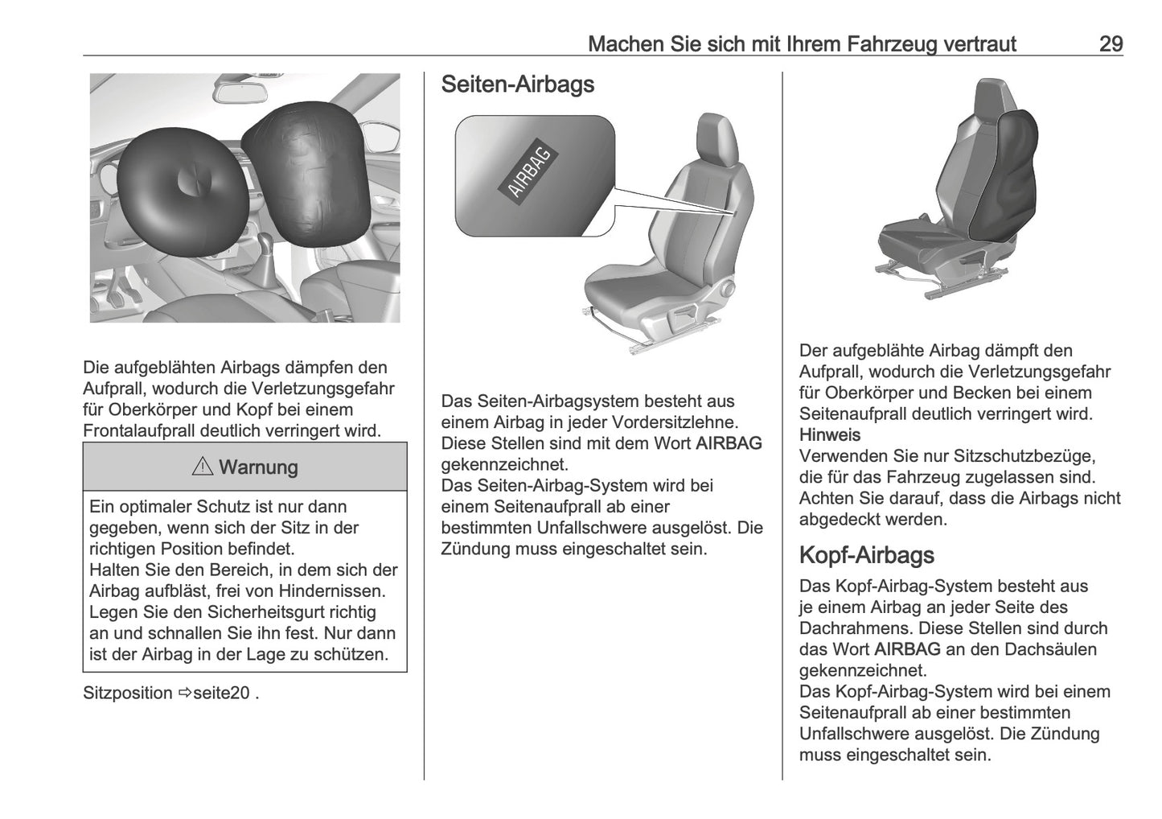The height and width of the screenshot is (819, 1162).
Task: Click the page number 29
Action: [x=1110, y=43]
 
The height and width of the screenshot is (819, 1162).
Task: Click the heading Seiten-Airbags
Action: [x=518, y=84]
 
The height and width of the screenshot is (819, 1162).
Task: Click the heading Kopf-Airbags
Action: [x=866, y=555]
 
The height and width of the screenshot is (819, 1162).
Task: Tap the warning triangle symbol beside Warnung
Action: [x=203, y=467]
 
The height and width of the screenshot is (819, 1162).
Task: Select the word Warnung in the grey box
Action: [x=257, y=467]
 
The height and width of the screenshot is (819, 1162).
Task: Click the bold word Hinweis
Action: [x=829, y=435]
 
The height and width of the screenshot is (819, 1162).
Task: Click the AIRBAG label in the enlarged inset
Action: [x=530, y=171]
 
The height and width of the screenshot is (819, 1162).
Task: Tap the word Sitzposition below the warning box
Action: [x=128, y=693]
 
